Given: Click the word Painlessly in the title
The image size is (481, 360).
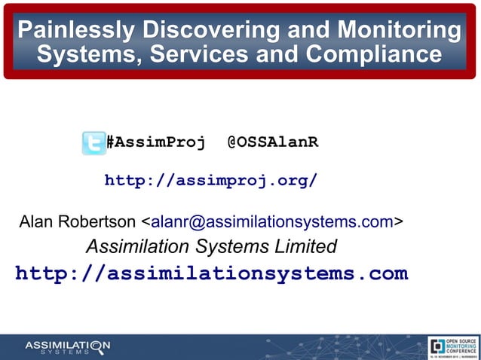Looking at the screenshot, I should (x=73, y=31).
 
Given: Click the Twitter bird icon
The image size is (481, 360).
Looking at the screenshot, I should (x=93, y=142).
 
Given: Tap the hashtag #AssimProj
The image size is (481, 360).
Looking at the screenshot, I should (x=155, y=142).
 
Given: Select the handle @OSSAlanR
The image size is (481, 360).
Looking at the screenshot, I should (x=272, y=142).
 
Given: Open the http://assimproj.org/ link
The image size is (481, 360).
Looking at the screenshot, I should (x=210, y=181).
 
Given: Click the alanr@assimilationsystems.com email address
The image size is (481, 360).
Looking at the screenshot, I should (x=272, y=221).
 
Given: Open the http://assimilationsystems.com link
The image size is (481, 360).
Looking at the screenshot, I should (x=211, y=273).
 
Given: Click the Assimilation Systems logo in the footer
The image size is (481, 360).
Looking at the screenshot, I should (x=67, y=346).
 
